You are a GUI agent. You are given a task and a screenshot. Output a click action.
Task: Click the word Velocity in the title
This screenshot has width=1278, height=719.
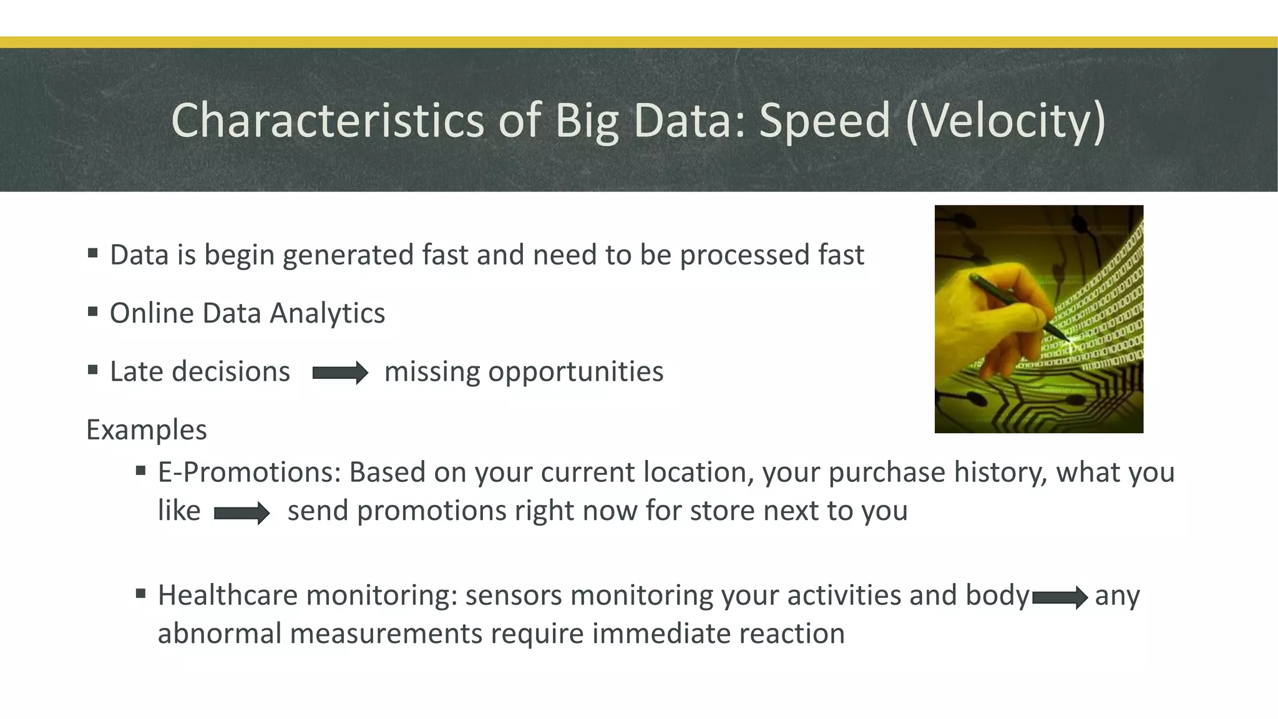pos(1006,120)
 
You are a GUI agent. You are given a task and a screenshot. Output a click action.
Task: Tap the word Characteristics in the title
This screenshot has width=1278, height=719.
pos(328,120)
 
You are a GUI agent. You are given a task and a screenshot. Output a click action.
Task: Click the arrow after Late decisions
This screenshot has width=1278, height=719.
pos(340,373)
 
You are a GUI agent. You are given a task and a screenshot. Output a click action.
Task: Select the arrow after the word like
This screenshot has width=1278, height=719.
pos(241,513)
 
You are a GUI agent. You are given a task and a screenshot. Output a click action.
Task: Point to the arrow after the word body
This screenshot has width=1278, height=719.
pos(1060,597)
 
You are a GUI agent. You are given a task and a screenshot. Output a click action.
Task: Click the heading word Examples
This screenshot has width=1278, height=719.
pos(147,430)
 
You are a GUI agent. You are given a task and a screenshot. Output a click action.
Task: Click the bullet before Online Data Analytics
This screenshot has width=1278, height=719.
pos(93,311)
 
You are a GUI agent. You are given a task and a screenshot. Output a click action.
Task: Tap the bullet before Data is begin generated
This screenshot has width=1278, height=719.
pos(93,253)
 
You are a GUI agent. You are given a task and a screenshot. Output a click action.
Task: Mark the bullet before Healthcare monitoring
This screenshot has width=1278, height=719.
pos(140,593)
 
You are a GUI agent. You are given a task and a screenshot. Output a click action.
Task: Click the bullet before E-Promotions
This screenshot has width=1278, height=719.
pos(140,470)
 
